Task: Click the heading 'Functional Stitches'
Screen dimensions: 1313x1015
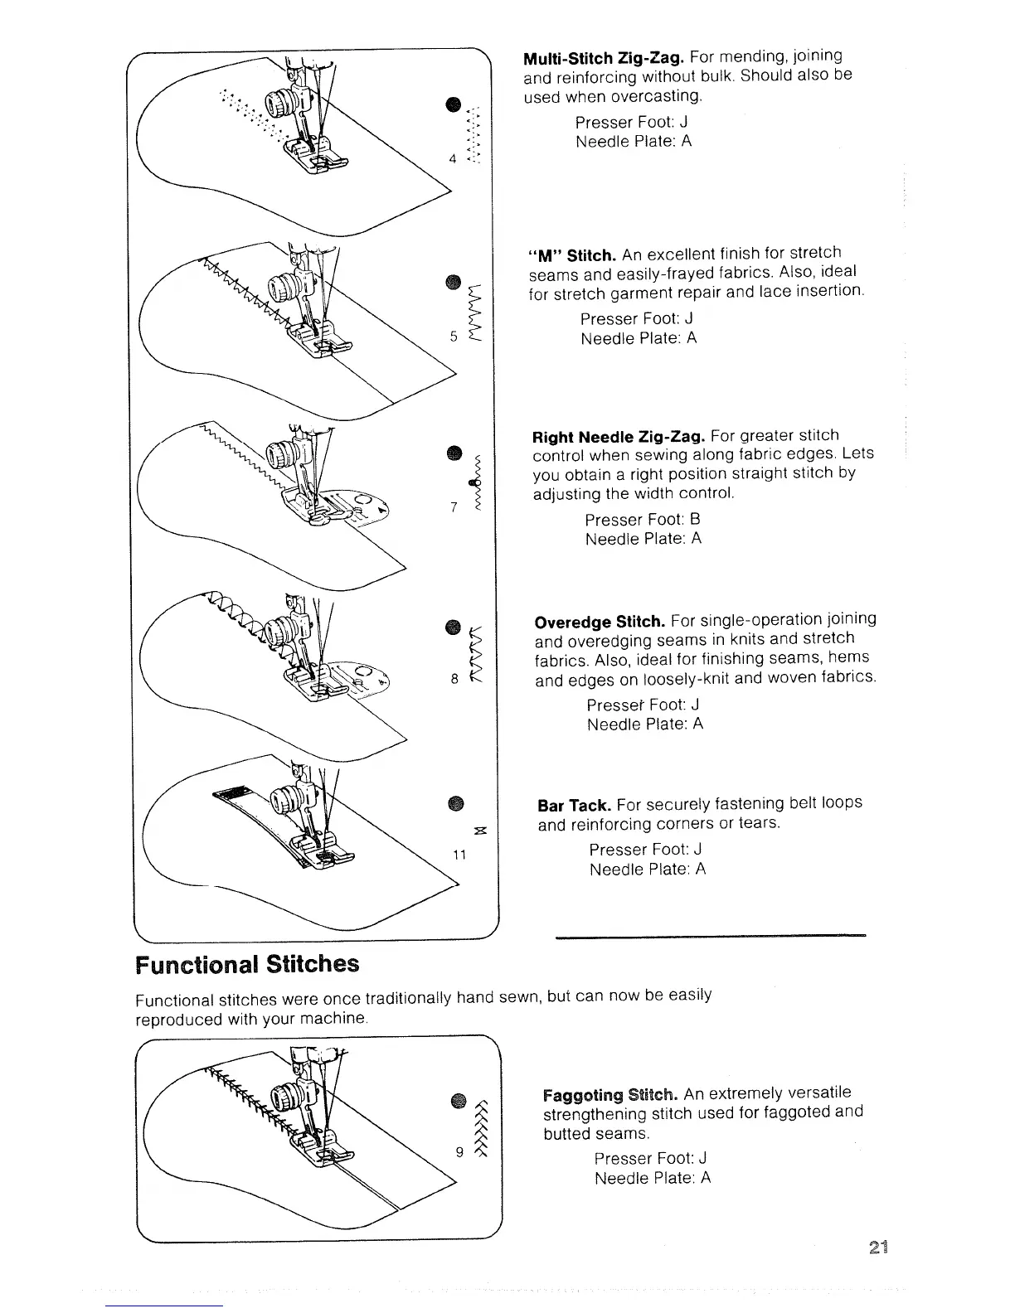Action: (x=247, y=964)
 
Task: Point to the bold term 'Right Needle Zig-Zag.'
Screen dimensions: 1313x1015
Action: (x=619, y=437)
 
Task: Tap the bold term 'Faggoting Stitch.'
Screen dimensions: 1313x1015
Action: (x=611, y=1093)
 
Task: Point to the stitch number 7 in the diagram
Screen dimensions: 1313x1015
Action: (x=454, y=507)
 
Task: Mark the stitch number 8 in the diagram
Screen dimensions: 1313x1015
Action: (x=454, y=678)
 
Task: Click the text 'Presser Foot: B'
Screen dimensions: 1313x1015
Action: (x=643, y=520)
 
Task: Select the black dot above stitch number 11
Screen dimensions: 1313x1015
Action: (x=456, y=802)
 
